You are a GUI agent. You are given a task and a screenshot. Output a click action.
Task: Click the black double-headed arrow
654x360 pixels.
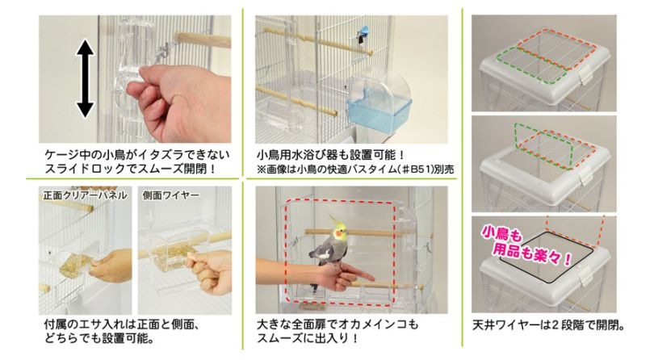click(85, 78)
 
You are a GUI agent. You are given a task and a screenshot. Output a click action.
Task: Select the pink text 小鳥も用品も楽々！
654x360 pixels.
click(526, 246)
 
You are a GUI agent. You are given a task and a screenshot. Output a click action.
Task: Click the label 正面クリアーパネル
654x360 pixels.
click(85, 195)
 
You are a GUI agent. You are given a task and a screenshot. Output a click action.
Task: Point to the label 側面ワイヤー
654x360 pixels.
click(171, 195)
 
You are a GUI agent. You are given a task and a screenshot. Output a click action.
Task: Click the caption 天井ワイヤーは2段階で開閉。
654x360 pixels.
click(548, 325)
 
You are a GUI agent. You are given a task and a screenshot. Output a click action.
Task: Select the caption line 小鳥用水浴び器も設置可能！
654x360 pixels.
click(330, 155)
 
